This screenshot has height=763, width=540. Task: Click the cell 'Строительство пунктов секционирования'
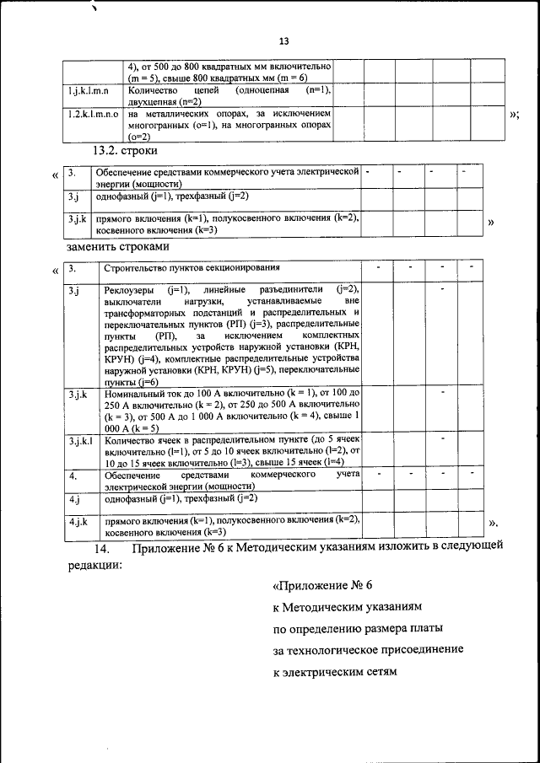click(191, 269)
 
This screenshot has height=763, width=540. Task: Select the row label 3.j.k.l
click(82, 440)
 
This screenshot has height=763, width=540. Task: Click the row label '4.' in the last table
click(73, 476)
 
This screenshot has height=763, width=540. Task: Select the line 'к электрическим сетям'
click(334, 674)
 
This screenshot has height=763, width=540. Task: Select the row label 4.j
click(74, 499)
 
